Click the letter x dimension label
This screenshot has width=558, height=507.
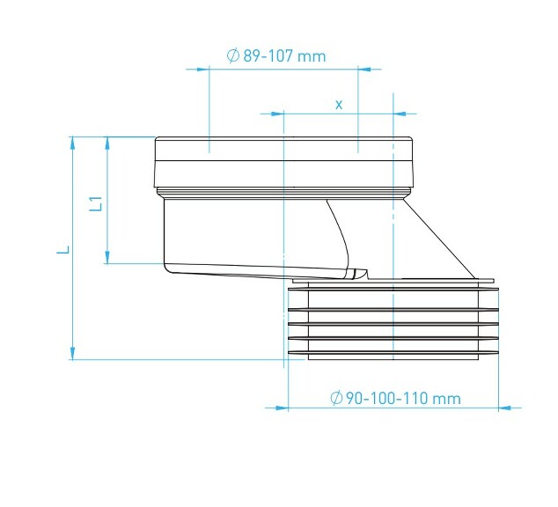click(339, 104)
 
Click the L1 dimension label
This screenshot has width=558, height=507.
click(99, 203)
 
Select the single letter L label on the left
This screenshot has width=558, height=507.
click(62, 250)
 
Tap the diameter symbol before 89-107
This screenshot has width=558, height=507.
click(233, 56)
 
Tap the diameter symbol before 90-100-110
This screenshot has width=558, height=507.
click(335, 398)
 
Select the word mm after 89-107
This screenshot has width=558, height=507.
click(311, 56)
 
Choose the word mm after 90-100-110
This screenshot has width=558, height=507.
click(446, 398)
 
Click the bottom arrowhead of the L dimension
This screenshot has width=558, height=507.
click(71, 352)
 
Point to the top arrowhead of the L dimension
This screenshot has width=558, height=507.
click(71, 143)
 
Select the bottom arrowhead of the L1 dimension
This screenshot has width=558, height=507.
click(106, 256)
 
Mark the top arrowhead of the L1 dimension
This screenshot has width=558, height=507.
click(106, 143)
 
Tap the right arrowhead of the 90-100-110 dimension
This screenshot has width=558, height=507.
click(504, 408)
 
